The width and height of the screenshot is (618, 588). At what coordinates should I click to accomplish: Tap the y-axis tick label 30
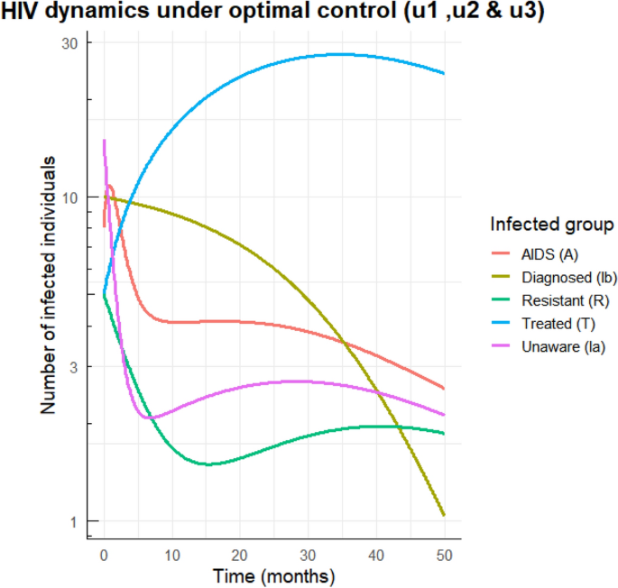pos(70,43)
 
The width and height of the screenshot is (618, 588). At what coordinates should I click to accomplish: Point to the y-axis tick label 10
pos(70,198)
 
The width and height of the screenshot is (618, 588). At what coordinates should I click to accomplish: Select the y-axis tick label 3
pos(74,367)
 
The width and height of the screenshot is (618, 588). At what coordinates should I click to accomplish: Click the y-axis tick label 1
pos(74,521)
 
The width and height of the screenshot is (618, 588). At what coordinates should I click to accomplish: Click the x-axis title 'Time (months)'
pos(274,575)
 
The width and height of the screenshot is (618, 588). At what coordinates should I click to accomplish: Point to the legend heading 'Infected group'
pos(552,224)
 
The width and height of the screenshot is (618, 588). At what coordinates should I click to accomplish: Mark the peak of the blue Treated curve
pos(338,54)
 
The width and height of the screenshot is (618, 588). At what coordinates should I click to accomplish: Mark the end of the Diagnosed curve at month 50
pos(444,515)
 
